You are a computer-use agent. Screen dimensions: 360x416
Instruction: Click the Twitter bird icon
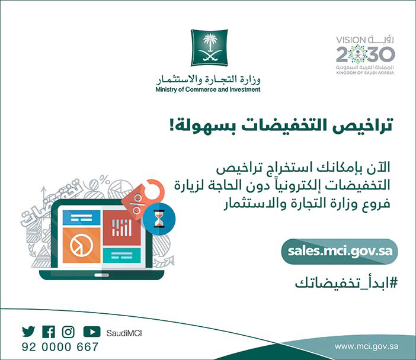[28, 332]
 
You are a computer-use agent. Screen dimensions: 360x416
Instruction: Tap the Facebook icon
[49, 332]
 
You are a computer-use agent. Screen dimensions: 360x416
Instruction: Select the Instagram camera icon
[69, 332]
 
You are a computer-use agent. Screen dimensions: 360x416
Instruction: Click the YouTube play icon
[91, 332]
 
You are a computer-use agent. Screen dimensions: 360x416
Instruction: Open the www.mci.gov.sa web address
[366, 346]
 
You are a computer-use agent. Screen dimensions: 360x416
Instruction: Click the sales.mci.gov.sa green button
[339, 251]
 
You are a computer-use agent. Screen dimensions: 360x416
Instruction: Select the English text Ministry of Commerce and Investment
[207, 90]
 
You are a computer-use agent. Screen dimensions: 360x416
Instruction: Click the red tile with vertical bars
[121, 228]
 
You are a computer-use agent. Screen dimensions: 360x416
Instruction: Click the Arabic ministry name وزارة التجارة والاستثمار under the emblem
[209, 79]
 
